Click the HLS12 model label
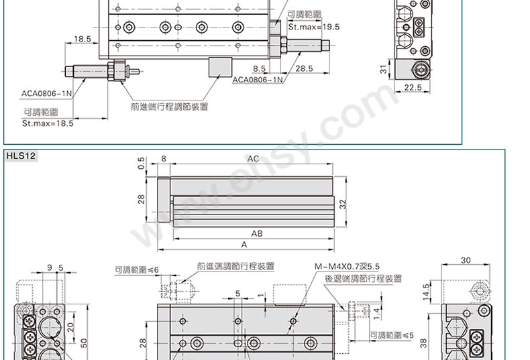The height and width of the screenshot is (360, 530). (x=21, y=156)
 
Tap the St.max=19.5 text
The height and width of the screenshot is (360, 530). (x=314, y=27)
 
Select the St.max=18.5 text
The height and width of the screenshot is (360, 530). (x=48, y=123)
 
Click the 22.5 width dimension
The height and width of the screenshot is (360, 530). (x=413, y=87)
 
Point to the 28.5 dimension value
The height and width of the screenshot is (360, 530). (x=304, y=68)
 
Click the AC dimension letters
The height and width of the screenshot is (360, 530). (x=253, y=159)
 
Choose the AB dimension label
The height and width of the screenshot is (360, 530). (x=257, y=233)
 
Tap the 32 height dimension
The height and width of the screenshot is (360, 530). (x=343, y=204)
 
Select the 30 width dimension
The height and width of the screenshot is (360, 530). (x=466, y=260)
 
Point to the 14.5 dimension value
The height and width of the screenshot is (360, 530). (x=426, y=292)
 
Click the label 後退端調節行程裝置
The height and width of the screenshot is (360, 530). (x=364, y=279)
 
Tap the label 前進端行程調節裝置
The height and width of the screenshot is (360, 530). (x=169, y=107)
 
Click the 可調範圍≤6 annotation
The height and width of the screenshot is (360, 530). (x=137, y=269)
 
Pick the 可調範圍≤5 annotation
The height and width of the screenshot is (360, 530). (x=392, y=335)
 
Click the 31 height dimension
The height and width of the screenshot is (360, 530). (x=383, y=70)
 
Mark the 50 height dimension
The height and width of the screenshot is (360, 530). (x=84, y=343)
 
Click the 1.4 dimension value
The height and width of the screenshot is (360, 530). (x=376, y=314)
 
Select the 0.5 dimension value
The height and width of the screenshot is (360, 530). (x=142, y=163)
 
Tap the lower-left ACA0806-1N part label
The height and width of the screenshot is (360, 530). (x=47, y=94)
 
